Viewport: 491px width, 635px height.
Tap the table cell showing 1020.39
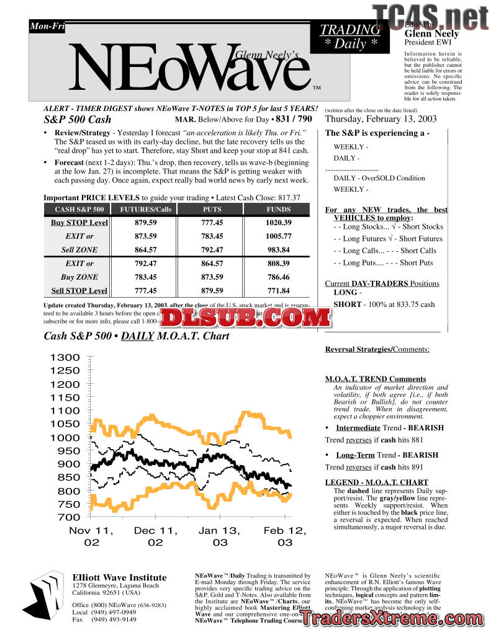tap(278, 223)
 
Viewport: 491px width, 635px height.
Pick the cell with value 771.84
tap(278, 291)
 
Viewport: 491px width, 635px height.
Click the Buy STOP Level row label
tap(79, 223)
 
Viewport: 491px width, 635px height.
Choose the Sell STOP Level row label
tap(79, 291)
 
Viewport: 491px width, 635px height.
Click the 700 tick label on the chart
tap(69, 517)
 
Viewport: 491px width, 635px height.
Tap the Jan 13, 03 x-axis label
tap(220, 536)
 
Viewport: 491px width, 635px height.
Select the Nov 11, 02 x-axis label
tap(91, 536)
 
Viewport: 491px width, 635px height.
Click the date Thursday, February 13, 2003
tap(381, 119)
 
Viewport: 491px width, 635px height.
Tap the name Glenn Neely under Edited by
tap(432, 33)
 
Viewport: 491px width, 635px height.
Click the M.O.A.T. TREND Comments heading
tap(376, 379)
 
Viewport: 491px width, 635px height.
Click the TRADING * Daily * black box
tap(350, 37)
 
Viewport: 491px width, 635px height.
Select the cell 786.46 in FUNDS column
tap(278, 277)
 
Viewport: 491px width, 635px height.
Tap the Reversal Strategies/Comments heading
tap(377, 350)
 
